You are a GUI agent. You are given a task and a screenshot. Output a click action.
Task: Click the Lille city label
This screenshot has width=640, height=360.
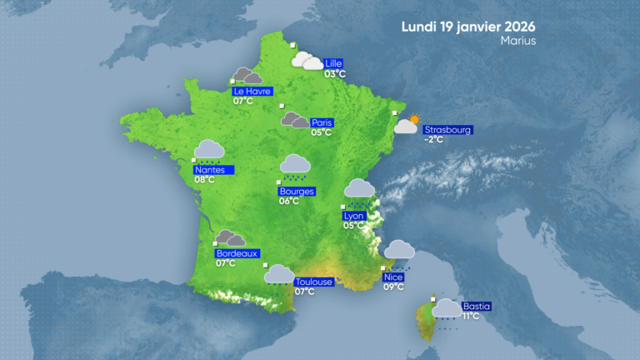pyautogui.click(x=334, y=63)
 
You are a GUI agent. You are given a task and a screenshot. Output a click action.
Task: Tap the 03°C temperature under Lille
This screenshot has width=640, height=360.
pyautogui.click(x=334, y=74)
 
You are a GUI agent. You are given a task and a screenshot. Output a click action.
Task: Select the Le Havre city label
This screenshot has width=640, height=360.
pyautogui.click(x=252, y=91)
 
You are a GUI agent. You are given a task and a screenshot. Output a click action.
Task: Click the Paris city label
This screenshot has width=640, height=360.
pyautogui.click(x=322, y=122)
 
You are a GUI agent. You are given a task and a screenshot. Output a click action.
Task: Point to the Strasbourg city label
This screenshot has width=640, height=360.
pyautogui.click(x=448, y=129)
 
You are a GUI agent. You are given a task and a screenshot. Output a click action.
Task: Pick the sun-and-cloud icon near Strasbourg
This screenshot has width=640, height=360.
pyautogui.click(x=407, y=125)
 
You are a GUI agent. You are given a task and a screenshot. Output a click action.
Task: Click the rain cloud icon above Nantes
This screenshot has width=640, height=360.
pyautogui.click(x=208, y=150)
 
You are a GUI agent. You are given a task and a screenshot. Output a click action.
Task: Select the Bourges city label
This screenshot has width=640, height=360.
pyautogui.click(x=297, y=191)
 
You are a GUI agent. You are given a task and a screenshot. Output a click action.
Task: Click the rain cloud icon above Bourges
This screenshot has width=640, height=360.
pyautogui.click(x=295, y=166)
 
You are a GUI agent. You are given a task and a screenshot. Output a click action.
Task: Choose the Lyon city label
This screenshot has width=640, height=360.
pyautogui.click(x=354, y=216)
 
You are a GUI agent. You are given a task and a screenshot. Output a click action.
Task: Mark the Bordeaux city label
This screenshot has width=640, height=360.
pyautogui.click(x=237, y=253)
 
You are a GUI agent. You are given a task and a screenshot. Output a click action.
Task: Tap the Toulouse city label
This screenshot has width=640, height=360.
pyautogui.click(x=314, y=282)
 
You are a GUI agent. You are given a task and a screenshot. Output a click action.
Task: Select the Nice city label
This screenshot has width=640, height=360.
pyautogui.click(x=392, y=277)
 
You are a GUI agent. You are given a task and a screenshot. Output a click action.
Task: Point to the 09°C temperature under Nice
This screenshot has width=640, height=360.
pyautogui.click(x=392, y=287)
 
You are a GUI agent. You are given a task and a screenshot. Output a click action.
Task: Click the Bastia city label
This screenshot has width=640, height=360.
pyautogui.click(x=477, y=306)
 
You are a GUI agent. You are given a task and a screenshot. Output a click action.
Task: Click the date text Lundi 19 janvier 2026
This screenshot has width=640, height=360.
pyautogui.click(x=468, y=26)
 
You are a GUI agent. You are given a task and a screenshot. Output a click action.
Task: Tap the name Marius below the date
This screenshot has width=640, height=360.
pyautogui.click(x=518, y=40)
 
